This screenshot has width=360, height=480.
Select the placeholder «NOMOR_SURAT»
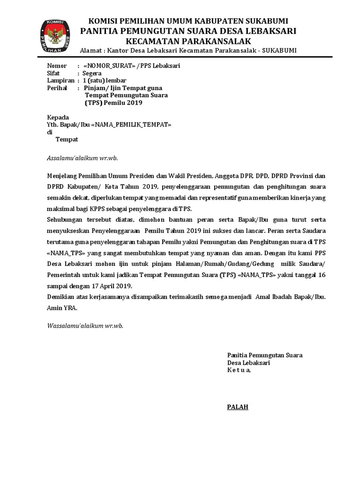point(109,66)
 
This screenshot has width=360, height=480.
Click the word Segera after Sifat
point(92,74)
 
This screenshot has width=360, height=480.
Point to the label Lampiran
point(61,81)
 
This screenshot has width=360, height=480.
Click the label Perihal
point(58,88)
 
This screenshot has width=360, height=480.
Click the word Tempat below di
point(67,139)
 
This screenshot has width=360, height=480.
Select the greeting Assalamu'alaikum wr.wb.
point(79,158)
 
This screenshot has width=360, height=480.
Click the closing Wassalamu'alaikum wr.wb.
point(85,325)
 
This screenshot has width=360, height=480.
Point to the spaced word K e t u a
point(239,370)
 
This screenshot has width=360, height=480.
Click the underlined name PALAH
point(238,406)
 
